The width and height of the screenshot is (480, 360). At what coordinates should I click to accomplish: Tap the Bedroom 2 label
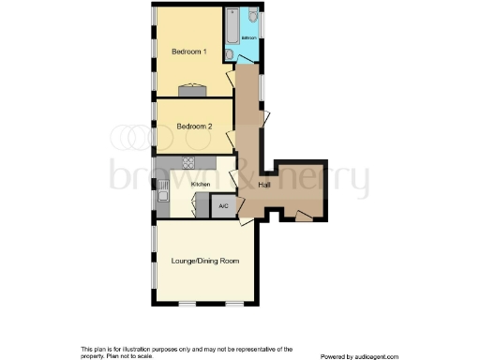coord(195,126)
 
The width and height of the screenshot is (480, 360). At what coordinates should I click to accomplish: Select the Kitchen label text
coord(201,184)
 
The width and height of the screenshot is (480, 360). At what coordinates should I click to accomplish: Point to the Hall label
coord(265,184)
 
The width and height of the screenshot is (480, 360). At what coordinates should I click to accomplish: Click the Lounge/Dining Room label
coord(205,260)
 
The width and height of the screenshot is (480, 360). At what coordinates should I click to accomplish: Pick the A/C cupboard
coord(223,206)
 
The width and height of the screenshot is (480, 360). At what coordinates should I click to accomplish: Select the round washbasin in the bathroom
coord(229,55)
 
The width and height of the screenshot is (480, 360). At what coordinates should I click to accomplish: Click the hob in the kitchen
coord(188,162)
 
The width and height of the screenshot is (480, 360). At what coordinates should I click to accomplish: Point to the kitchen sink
coord(162,195)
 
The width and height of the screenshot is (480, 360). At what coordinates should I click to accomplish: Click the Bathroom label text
coord(248,37)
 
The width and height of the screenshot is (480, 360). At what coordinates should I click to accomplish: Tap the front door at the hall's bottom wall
coord(302,216)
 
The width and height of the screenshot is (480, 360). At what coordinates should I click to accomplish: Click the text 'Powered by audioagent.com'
coord(359,355)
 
